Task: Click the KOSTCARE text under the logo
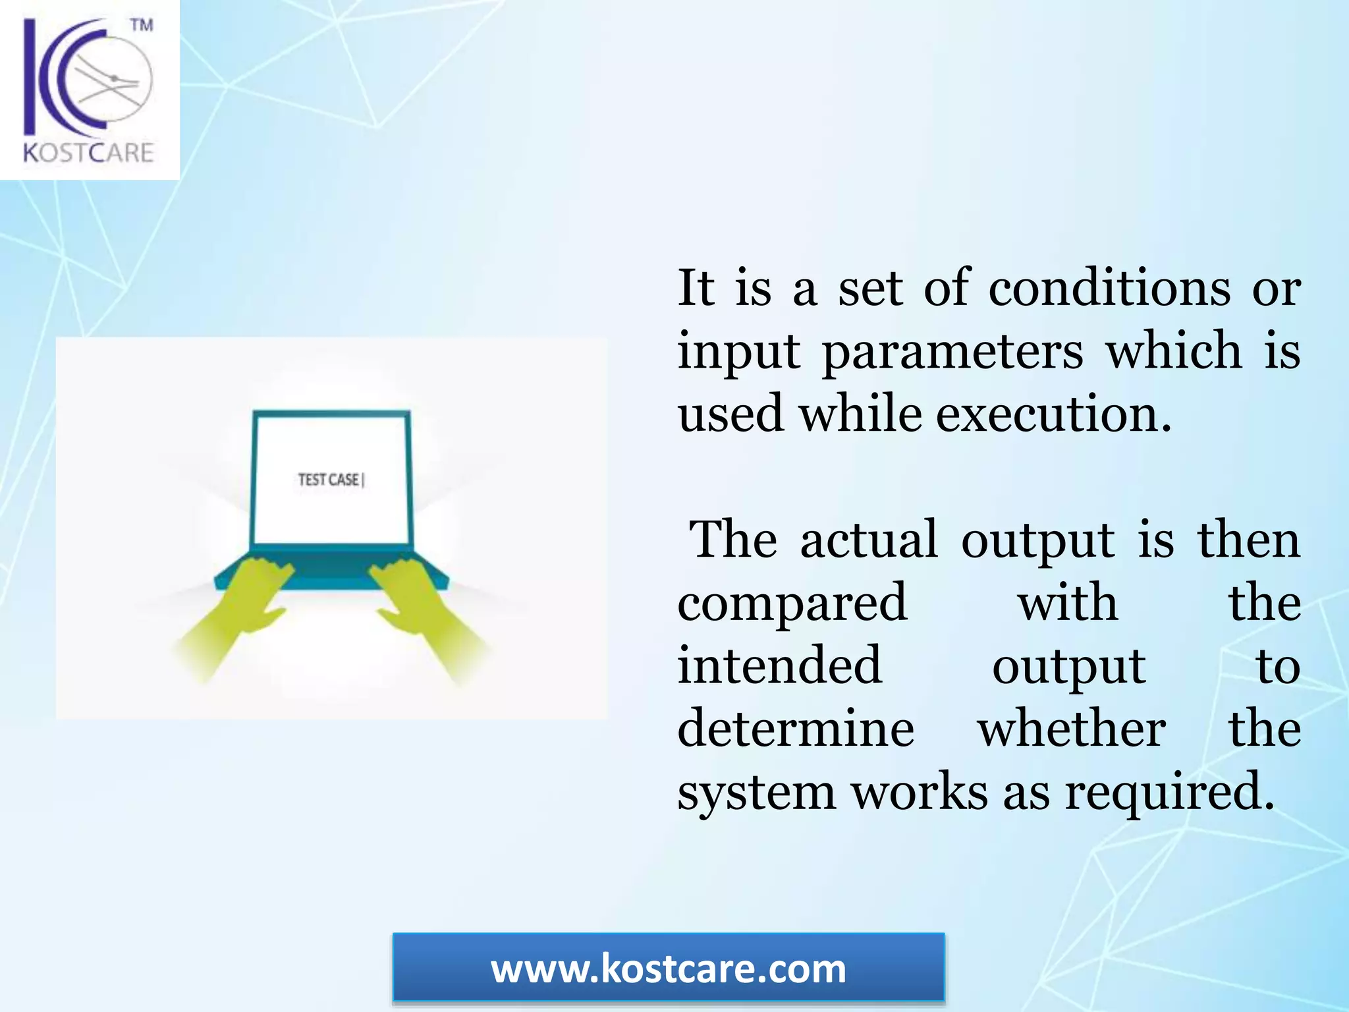pyautogui.click(x=89, y=153)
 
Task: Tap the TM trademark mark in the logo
pyautogui.click(x=141, y=25)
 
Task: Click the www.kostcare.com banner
pyautogui.click(x=668, y=969)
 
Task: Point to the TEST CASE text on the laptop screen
pyautogui.click(x=329, y=480)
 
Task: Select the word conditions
pyautogui.click(x=1109, y=289)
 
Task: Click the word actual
pyautogui.click(x=869, y=540)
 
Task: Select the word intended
pyautogui.click(x=780, y=665)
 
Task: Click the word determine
pyautogui.click(x=796, y=729)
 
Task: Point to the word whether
pyautogui.click(x=1072, y=729)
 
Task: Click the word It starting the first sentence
pyautogui.click(x=696, y=289)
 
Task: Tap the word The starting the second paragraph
pyautogui.click(x=732, y=540)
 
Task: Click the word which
pyautogui.click(x=1174, y=351)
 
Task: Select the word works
pyautogui.click(x=920, y=792)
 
